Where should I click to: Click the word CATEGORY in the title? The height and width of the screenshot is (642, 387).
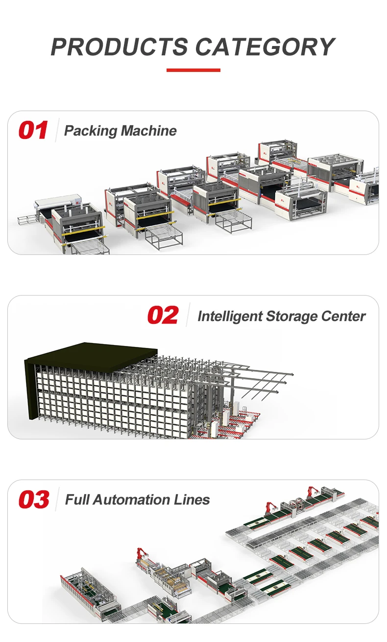click(x=265, y=47)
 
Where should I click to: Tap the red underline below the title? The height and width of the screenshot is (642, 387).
click(x=193, y=70)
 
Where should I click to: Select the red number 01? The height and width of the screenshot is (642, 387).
click(x=33, y=131)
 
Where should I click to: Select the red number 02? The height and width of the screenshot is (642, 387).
click(x=163, y=316)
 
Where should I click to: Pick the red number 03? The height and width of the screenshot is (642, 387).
click(x=34, y=500)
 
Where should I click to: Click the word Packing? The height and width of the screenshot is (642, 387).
click(x=91, y=131)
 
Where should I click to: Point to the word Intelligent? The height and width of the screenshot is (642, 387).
click(x=230, y=317)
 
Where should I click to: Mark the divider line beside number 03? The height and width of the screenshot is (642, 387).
click(x=57, y=500)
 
